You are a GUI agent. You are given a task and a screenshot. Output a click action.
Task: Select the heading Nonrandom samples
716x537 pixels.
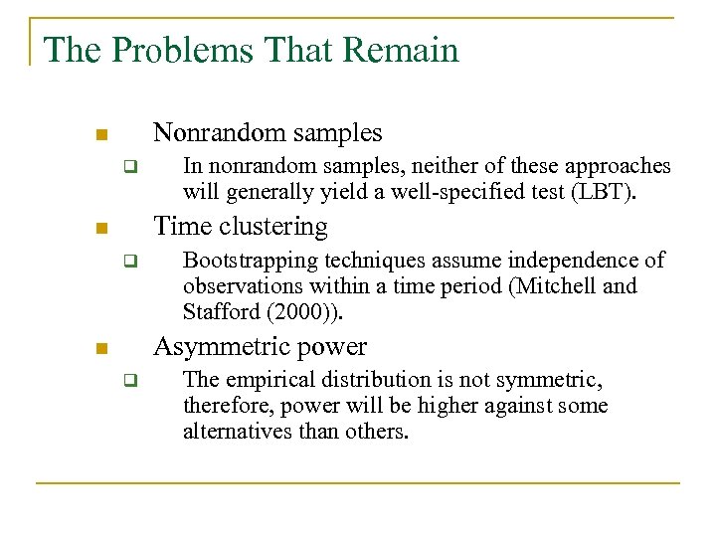pyautogui.click(x=268, y=132)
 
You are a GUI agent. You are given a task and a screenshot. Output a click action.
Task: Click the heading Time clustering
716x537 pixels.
pyautogui.click(x=240, y=227)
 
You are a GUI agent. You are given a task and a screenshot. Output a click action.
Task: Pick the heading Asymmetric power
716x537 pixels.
pyautogui.click(x=260, y=347)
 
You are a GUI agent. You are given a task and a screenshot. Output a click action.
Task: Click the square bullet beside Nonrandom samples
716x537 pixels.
pyautogui.click(x=101, y=134)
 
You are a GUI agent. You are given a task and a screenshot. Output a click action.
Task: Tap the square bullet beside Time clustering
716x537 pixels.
pyautogui.click(x=101, y=229)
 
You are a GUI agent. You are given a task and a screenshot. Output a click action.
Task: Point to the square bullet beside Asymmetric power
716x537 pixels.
pyautogui.click(x=101, y=349)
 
